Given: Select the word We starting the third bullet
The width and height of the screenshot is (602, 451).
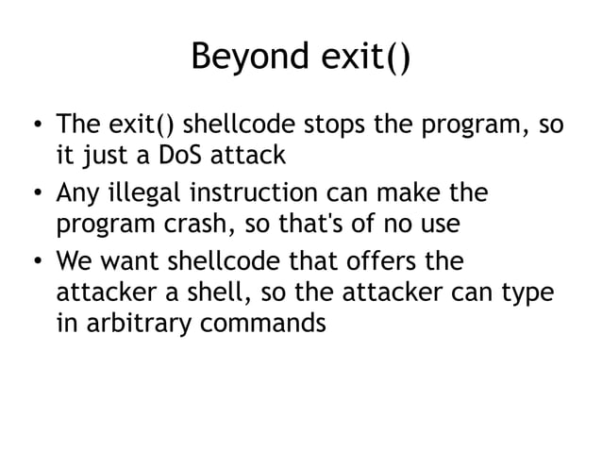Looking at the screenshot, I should click(x=74, y=259).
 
